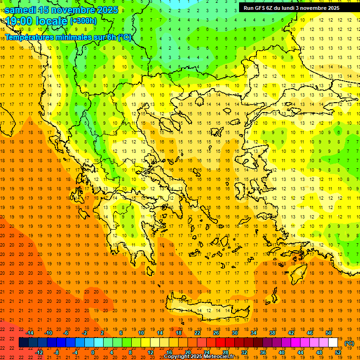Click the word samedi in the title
click(x=20, y=10)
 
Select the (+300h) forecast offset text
click(x=83, y=21)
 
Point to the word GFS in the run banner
click(x=260, y=8)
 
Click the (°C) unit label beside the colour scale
click(x=349, y=343)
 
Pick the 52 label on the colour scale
click(x=337, y=352)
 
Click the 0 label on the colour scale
click(x=93, y=352)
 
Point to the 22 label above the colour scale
click(x=197, y=333)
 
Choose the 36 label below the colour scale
click(x=263, y=352)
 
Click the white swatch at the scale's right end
click(x=333, y=343)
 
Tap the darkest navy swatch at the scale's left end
click(x=23, y=343)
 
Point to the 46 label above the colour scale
click(x=309, y=333)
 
